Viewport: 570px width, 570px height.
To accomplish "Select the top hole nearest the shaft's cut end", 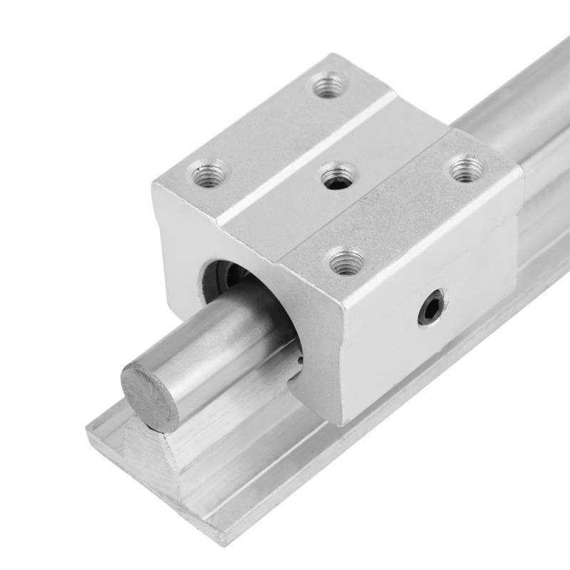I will tap(209, 174).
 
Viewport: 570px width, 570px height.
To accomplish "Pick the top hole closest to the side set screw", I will tap(347, 261).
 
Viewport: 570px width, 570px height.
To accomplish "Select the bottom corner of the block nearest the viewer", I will tap(343, 420).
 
